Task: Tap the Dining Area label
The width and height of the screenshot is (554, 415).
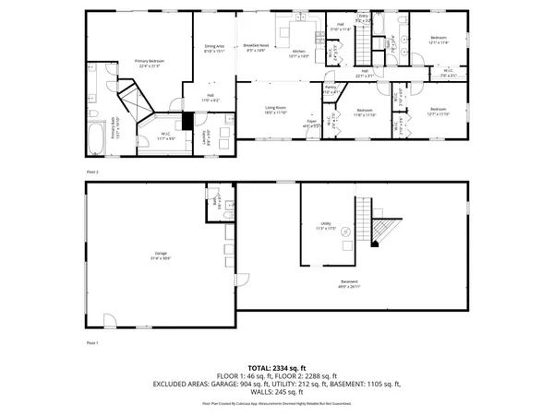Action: click(214, 49)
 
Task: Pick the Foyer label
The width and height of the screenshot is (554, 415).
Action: click(312, 125)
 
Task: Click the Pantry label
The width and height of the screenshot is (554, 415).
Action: click(330, 89)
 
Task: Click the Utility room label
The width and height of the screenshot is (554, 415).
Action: click(326, 225)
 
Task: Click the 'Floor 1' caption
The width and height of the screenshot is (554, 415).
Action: click(91, 341)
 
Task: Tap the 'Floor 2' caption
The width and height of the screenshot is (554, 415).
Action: click(91, 172)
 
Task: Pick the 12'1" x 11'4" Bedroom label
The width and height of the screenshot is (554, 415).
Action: click(438, 40)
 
